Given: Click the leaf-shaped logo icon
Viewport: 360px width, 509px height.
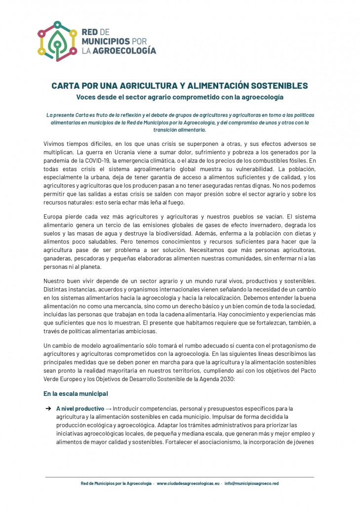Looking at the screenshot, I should pos(58,41).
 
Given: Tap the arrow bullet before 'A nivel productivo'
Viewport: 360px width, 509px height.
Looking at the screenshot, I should pos(48,409).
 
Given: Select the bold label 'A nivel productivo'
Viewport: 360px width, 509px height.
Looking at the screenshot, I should pos(80,409).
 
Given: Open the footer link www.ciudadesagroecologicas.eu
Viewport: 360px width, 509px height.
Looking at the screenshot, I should pos(188,483).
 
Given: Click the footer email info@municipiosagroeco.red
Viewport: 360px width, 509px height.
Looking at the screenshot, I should pos(251,483).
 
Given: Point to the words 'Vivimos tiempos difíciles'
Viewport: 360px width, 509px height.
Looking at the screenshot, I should pos(76,144).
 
